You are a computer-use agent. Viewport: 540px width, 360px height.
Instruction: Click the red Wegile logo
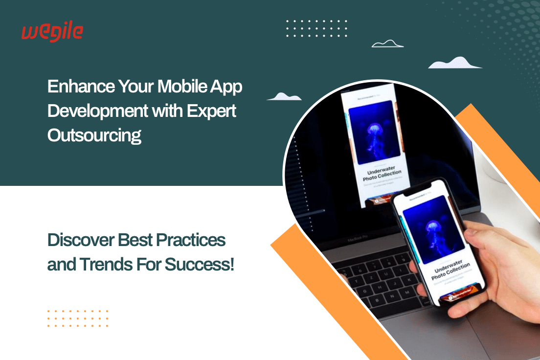pos(52,32)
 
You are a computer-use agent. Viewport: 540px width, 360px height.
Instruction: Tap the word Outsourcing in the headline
pos(94,135)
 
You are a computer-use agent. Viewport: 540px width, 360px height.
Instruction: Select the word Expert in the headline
pos(212,111)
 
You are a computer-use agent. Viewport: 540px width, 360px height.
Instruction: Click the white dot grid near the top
pos(316,29)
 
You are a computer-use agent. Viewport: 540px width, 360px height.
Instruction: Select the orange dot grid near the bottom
pos(78,318)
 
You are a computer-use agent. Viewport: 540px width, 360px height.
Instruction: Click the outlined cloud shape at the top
pos(387,44)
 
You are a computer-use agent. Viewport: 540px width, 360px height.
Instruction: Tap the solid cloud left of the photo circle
pos(284,96)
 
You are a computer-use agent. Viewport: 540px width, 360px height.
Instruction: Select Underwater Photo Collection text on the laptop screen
pos(382,175)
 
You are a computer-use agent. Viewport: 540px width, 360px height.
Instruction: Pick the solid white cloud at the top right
pos(454,63)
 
